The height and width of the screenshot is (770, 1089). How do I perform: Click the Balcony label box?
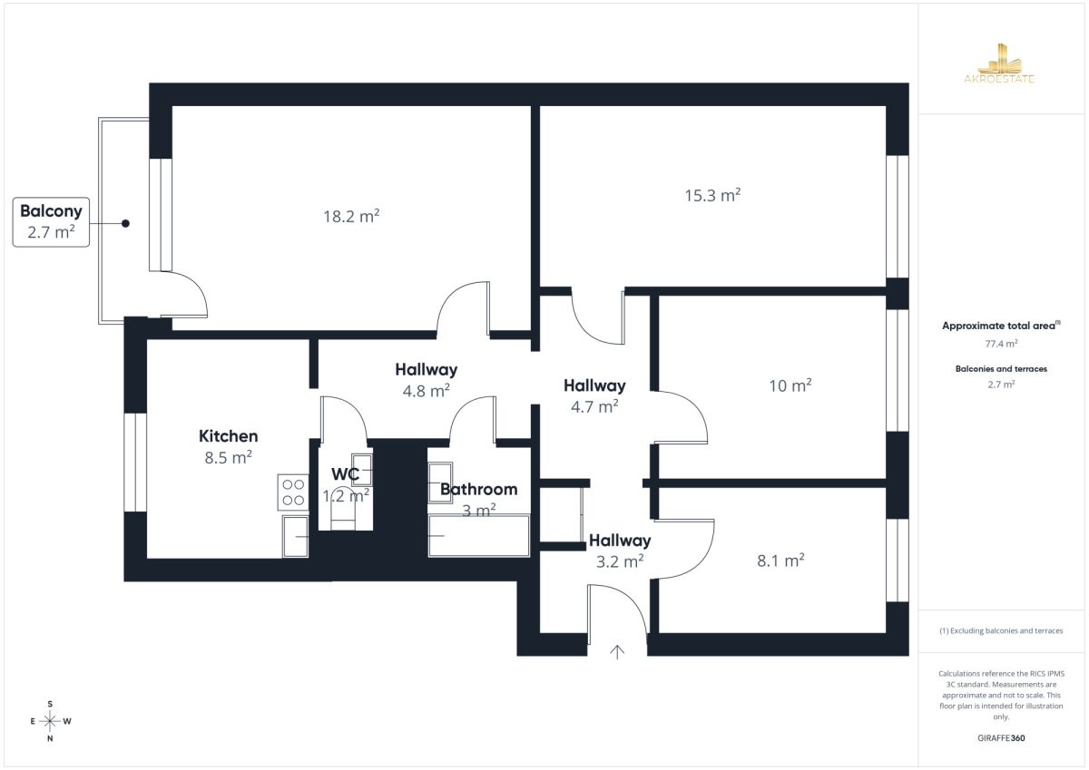51,222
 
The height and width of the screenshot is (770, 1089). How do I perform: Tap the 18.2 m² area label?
351,216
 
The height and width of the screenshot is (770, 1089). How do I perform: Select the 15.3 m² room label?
712,195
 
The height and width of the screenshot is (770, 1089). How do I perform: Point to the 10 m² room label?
790,385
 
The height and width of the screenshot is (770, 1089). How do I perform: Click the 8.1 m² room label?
780,560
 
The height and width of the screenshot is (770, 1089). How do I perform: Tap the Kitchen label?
229,436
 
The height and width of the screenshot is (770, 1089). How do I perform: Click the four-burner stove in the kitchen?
293,492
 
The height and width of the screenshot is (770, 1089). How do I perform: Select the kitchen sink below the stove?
296,536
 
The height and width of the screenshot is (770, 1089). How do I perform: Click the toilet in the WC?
343,516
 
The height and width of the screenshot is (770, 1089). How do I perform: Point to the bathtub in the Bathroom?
479,535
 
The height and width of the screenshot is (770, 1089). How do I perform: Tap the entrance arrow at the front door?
617,652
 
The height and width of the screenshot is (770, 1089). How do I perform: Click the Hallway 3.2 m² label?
620,551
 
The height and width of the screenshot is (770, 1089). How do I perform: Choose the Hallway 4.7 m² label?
594,396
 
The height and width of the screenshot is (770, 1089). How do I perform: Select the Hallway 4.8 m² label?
427,380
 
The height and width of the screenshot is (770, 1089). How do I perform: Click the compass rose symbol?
50,721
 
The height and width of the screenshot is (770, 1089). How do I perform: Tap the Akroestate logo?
999,63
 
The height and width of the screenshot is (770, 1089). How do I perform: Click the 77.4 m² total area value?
1002,344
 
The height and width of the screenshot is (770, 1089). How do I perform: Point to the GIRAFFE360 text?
1001,738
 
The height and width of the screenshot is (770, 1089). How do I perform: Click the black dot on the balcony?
125,223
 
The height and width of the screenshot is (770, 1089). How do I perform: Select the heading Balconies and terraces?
1002,369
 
